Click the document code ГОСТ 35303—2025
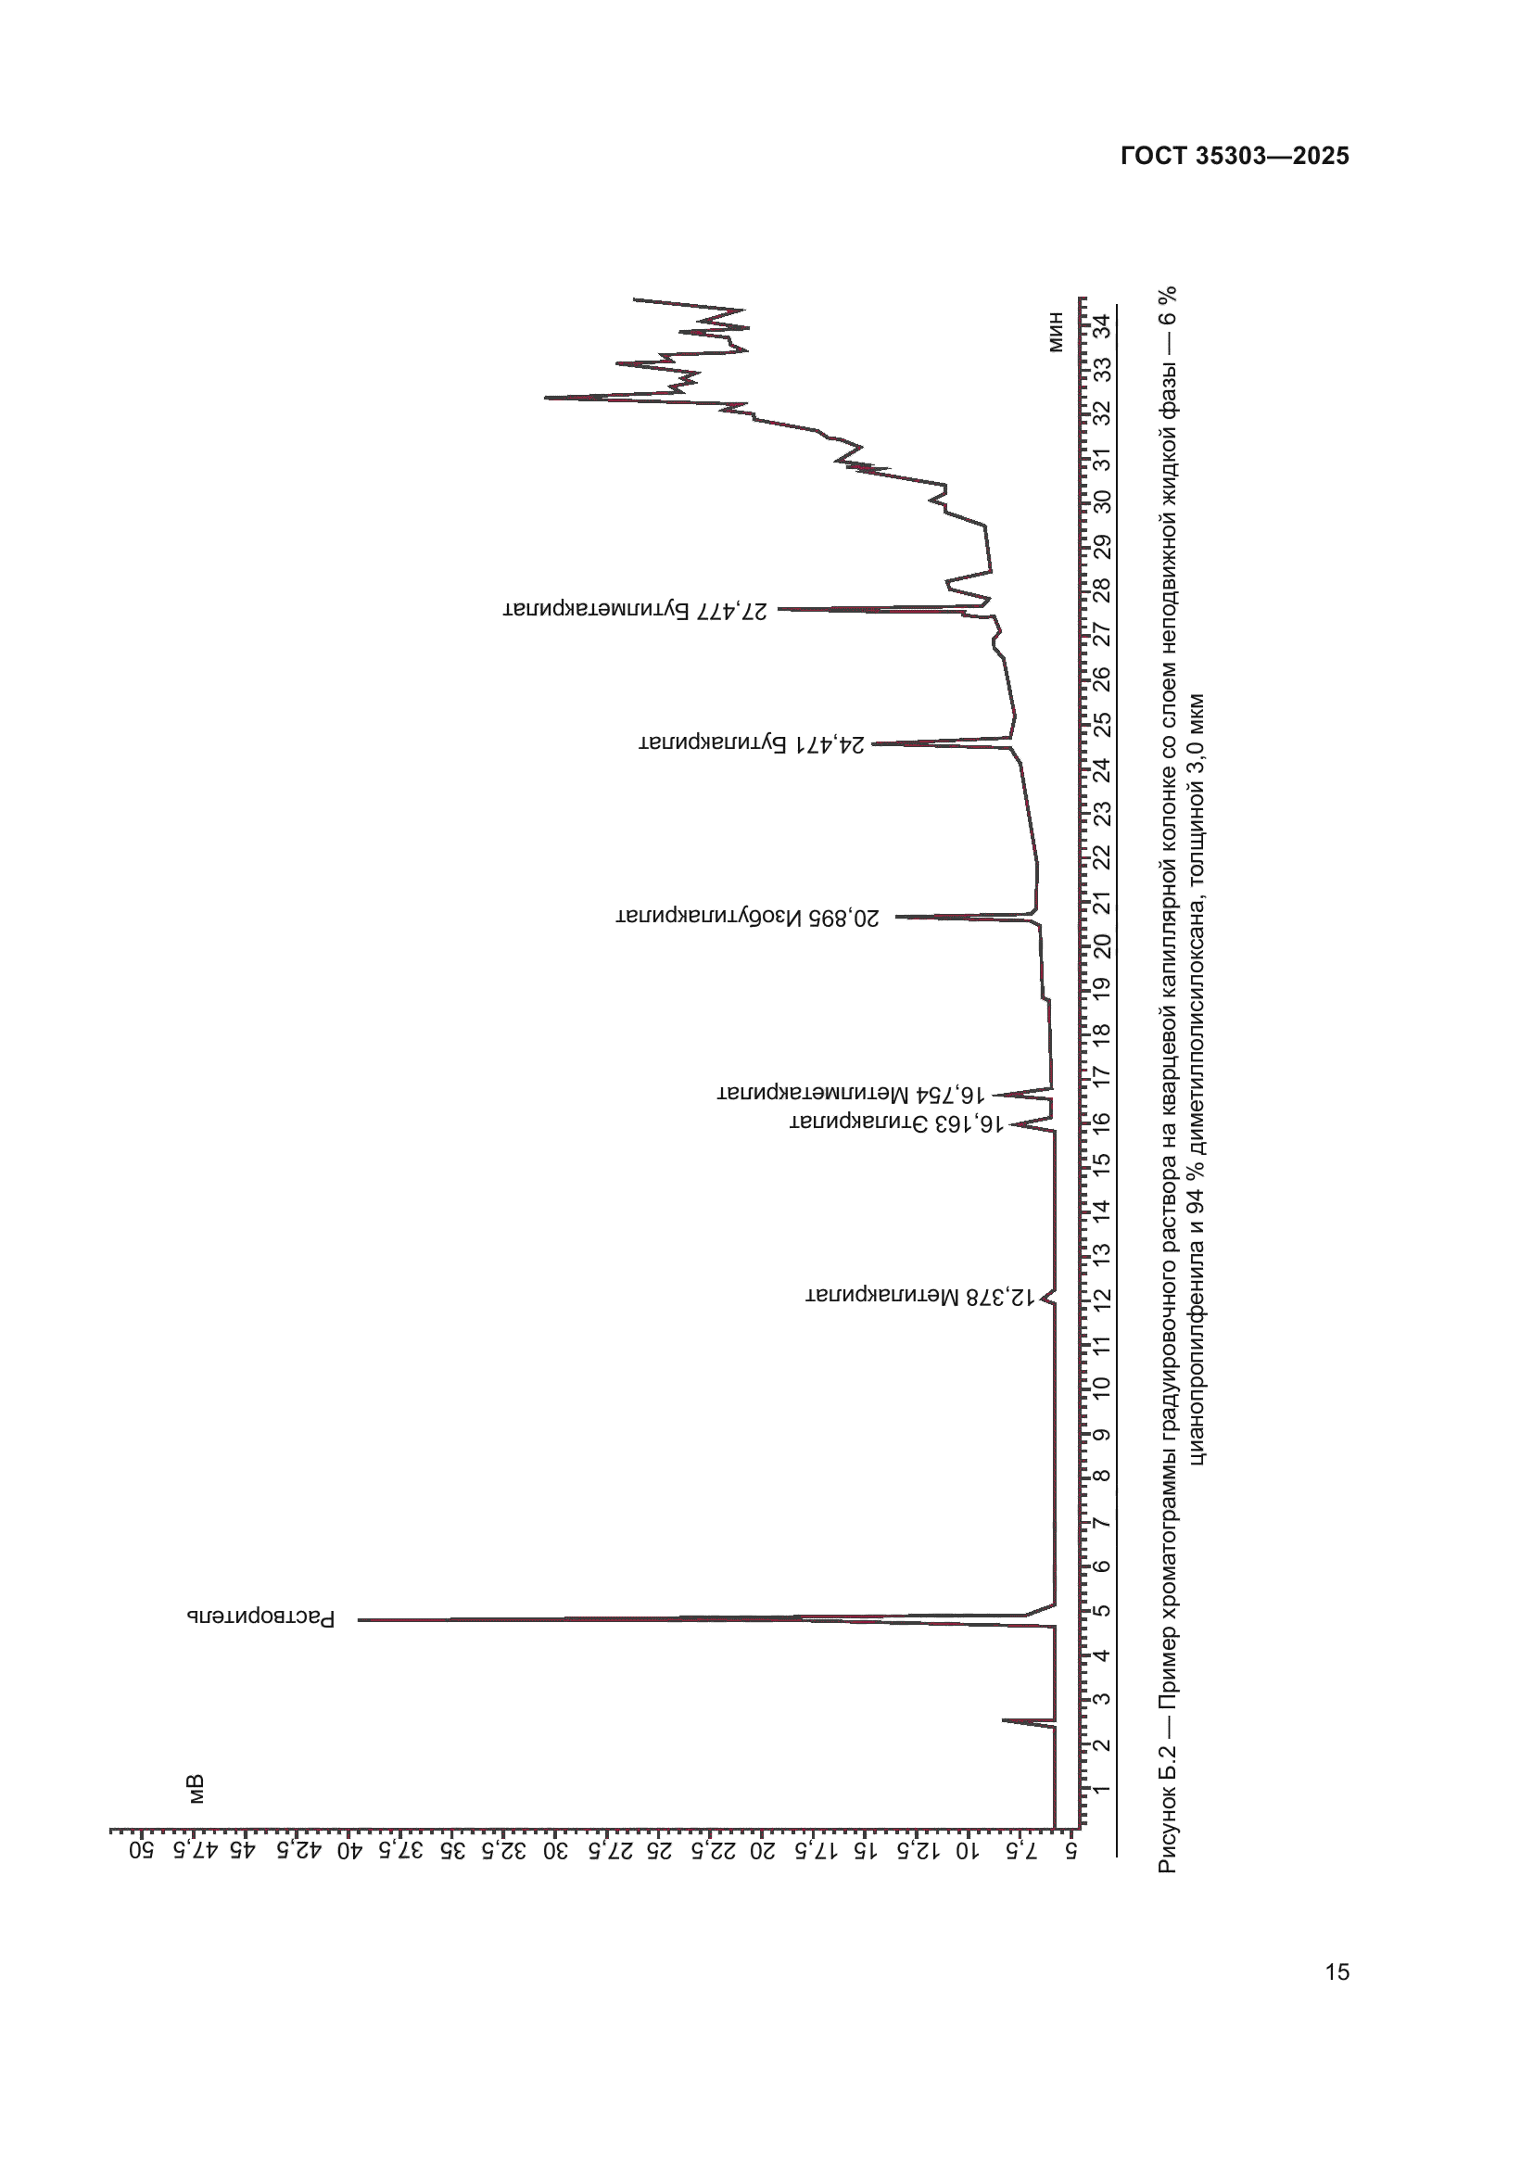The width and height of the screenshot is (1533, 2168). pos(1234,157)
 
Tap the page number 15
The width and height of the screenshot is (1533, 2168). pos(1337,1971)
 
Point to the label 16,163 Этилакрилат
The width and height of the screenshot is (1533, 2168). pos(896,1122)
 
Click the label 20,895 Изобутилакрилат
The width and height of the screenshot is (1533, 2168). pos(748,917)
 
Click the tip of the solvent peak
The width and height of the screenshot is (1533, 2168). pos(361,1620)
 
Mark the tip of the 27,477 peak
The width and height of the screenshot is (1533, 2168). pos(780,609)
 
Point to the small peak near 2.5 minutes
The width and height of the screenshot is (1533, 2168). pos(1005,1720)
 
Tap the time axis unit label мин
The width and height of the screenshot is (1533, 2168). pos(1057,333)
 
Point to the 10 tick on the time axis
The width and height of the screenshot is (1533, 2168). pos(1102,1388)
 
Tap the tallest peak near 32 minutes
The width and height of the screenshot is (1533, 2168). pos(548,398)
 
